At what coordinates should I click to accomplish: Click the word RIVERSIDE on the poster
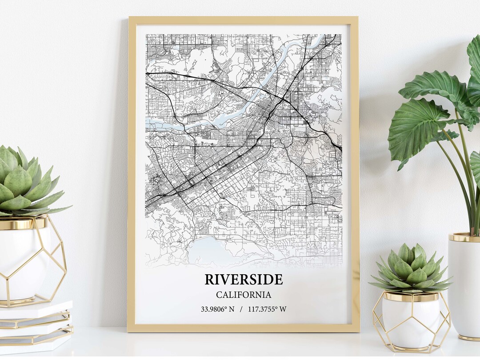243,280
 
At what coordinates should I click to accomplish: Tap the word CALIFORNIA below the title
243,295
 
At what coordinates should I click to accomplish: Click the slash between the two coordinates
241,309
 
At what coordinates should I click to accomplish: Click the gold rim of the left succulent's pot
22,224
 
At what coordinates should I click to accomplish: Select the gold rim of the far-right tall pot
464,237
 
